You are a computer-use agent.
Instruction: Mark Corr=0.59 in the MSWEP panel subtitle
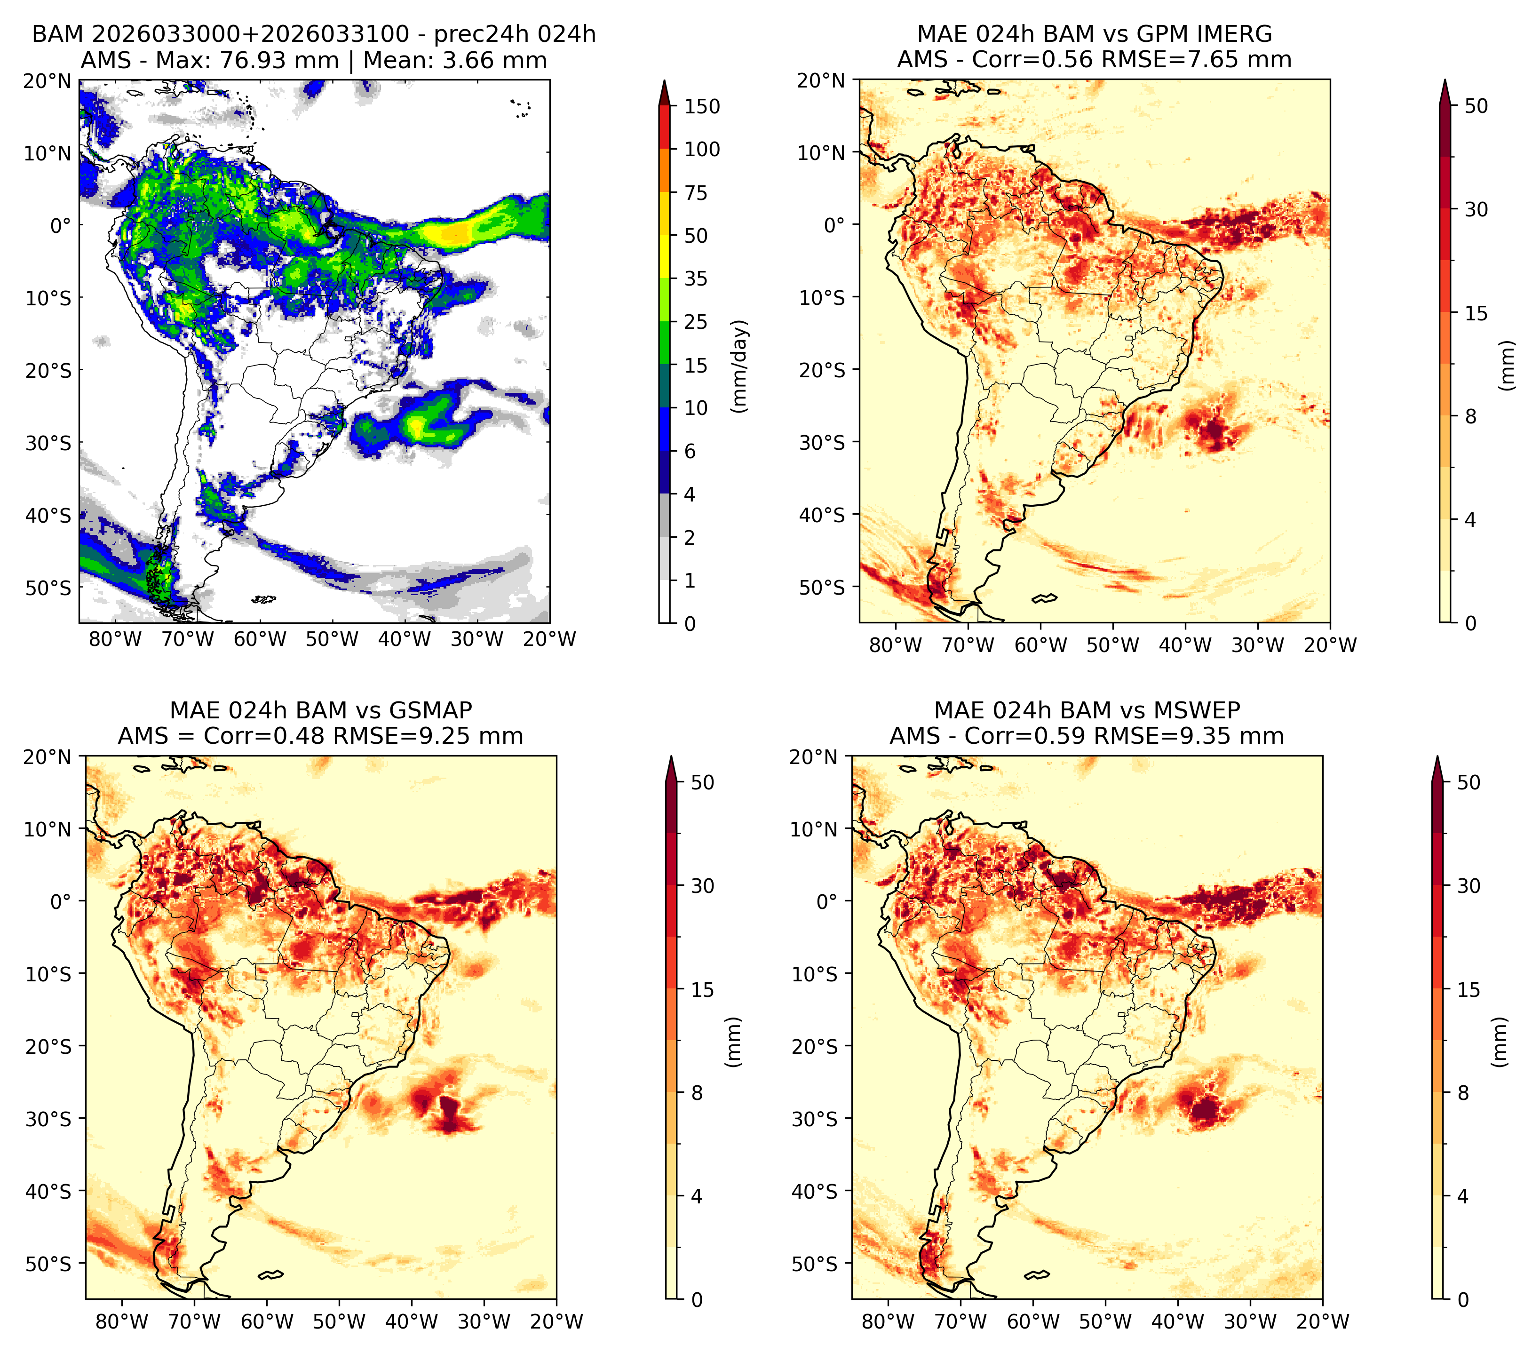coord(1024,736)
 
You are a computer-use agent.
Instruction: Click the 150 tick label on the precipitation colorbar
coord(701,106)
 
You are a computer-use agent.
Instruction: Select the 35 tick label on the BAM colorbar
coord(696,279)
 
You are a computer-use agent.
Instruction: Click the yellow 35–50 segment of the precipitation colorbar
coord(665,257)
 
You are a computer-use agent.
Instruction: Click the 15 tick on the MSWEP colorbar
coord(1469,990)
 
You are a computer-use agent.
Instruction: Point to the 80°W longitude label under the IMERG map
coord(896,645)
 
